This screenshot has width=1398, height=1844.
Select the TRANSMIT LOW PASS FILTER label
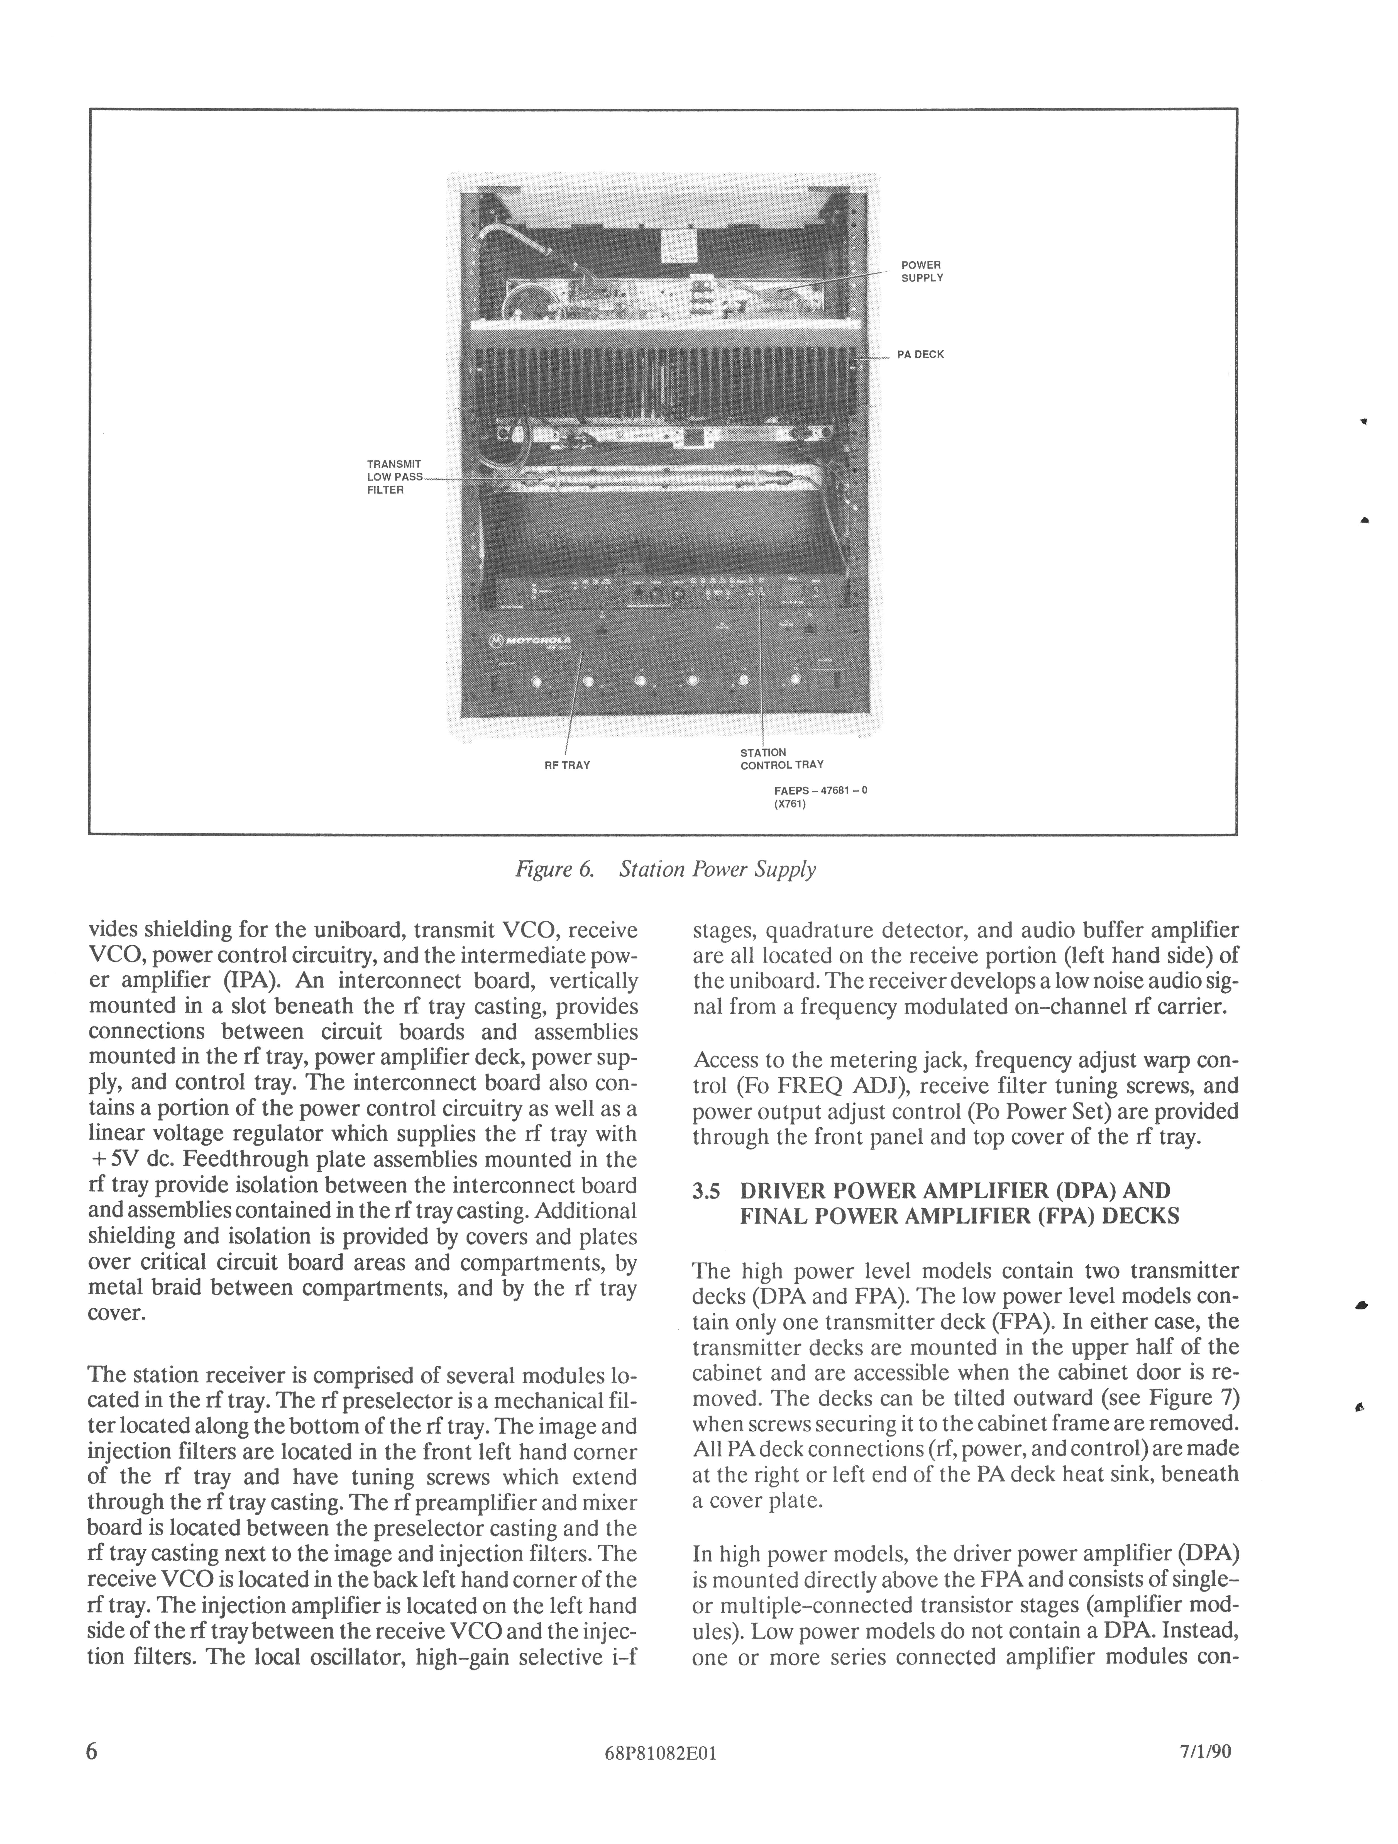pyautogui.click(x=394, y=477)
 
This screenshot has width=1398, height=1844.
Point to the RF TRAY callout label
pyautogui.click(x=567, y=764)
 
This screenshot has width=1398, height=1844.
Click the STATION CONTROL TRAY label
pyautogui.click(x=781, y=758)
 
